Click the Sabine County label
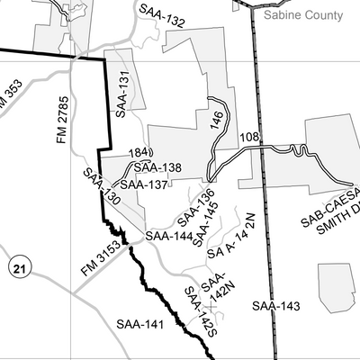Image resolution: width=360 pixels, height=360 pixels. point(302,15)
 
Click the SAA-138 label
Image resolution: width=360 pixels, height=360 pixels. point(157,167)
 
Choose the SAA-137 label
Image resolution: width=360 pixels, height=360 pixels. point(144,184)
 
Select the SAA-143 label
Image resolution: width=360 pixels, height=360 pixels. point(275,306)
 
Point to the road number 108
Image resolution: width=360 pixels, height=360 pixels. point(250,138)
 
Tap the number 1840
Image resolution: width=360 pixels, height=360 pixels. point(141,153)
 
